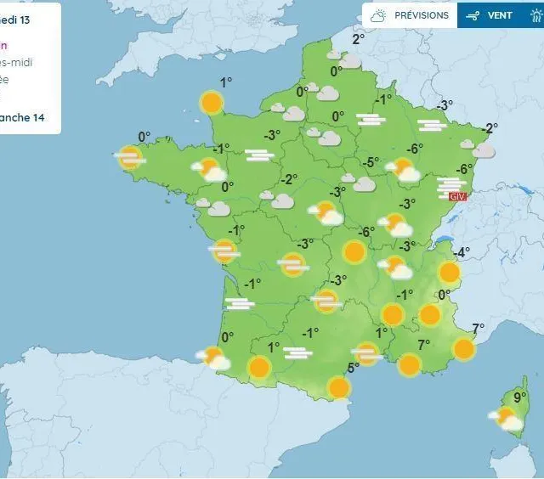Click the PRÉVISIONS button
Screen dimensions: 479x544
coord(411,15)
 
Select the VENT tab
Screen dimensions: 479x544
coord(490,15)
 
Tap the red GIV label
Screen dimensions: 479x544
coord(458,196)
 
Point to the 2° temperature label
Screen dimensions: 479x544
coord(358,38)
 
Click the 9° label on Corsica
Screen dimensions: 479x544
coord(519,396)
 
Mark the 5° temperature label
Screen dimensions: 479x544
coord(354,367)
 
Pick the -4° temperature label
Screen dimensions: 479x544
coord(461,252)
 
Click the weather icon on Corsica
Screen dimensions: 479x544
coord(507,419)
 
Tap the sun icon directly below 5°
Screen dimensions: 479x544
coord(338,388)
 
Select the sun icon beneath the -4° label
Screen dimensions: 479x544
coord(449,273)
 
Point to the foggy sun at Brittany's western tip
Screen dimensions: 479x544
coord(129,157)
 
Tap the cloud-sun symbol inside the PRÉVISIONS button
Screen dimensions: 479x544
coord(378,15)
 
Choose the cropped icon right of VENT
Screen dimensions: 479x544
coord(535,15)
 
